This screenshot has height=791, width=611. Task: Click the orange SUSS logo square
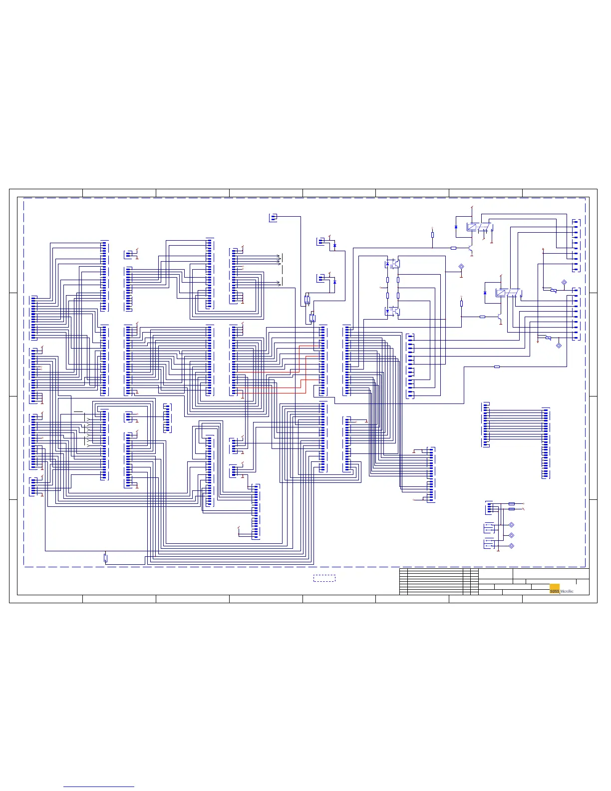tap(554, 589)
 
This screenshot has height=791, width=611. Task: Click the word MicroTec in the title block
tap(568, 592)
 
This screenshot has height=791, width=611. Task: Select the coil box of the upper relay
tap(472, 227)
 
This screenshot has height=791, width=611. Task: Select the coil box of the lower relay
tap(501, 293)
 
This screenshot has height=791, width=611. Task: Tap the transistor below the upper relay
tap(471, 248)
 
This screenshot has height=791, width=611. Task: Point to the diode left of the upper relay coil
tap(456, 227)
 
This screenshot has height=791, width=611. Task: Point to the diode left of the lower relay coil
tap(485, 293)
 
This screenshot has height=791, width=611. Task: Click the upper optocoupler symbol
tap(394, 263)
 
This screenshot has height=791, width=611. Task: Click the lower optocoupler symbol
tap(394, 311)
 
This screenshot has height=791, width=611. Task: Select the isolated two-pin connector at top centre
tap(273, 217)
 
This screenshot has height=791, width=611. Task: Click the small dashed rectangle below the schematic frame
tap(324, 578)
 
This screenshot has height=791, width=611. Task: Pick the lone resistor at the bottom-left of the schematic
tap(105, 558)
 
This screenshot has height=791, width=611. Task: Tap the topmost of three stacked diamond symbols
tap(511, 525)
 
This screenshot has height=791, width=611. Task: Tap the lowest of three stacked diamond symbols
tap(511, 546)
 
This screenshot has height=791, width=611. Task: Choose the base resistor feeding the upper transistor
tap(453, 248)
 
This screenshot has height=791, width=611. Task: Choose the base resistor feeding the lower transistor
tap(482, 317)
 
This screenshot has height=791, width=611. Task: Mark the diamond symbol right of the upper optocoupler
tap(461, 268)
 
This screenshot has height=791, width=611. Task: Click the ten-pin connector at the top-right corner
tap(576, 245)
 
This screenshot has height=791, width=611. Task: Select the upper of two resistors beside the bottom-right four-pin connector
tap(511, 504)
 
